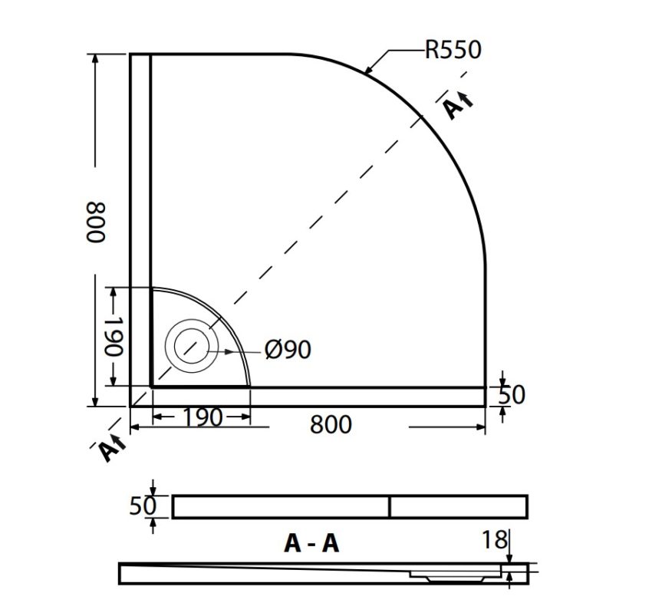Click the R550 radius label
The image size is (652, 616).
(x=453, y=51)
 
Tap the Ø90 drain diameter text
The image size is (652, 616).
(x=288, y=350)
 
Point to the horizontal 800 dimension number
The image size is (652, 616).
(x=331, y=424)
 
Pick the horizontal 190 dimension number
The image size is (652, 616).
(x=203, y=418)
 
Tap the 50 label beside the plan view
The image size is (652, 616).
(x=512, y=395)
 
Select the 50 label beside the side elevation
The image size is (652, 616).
(x=143, y=506)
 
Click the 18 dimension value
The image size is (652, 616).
(x=495, y=540)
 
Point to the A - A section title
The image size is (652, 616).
(x=311, y=543)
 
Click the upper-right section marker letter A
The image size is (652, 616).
(x=455, y=107)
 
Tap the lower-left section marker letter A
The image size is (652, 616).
(x=108, y=450)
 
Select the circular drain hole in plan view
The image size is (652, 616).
(x=190, y=344)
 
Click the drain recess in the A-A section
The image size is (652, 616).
(x=449, y=572)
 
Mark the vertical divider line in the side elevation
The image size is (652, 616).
(x=390, y=506)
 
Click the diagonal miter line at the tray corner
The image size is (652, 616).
(x=140, y=397)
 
